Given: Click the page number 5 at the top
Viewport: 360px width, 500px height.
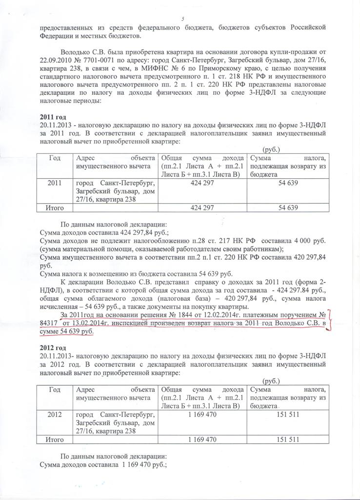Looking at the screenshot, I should pos(182,19).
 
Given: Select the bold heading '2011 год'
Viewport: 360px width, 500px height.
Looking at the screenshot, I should pos(53,118).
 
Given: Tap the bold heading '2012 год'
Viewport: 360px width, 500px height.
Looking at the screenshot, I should pos(53,348).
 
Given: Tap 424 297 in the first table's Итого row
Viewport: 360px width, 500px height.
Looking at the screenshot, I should pos(202,208).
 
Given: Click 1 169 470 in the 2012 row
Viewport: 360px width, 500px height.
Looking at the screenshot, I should pos(202,414).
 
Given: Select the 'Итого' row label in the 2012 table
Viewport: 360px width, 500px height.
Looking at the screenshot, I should pos(55,439).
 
